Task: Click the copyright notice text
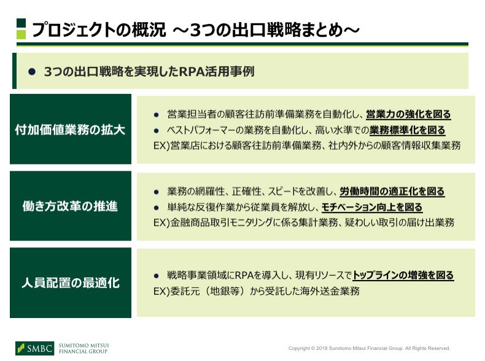369,348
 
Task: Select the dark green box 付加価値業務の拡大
71,129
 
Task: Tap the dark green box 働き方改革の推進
71,206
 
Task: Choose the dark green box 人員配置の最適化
71,283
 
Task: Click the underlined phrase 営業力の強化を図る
408,114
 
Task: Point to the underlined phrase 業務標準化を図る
408,130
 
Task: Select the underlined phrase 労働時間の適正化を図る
392,192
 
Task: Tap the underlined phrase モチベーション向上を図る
372,207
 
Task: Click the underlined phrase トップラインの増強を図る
403,275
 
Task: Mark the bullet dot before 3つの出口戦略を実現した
32,72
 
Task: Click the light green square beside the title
21,34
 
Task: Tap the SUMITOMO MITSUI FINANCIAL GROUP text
83,348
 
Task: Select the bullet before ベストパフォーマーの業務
156,131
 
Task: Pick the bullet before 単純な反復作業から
156,208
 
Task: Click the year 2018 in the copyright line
322,348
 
